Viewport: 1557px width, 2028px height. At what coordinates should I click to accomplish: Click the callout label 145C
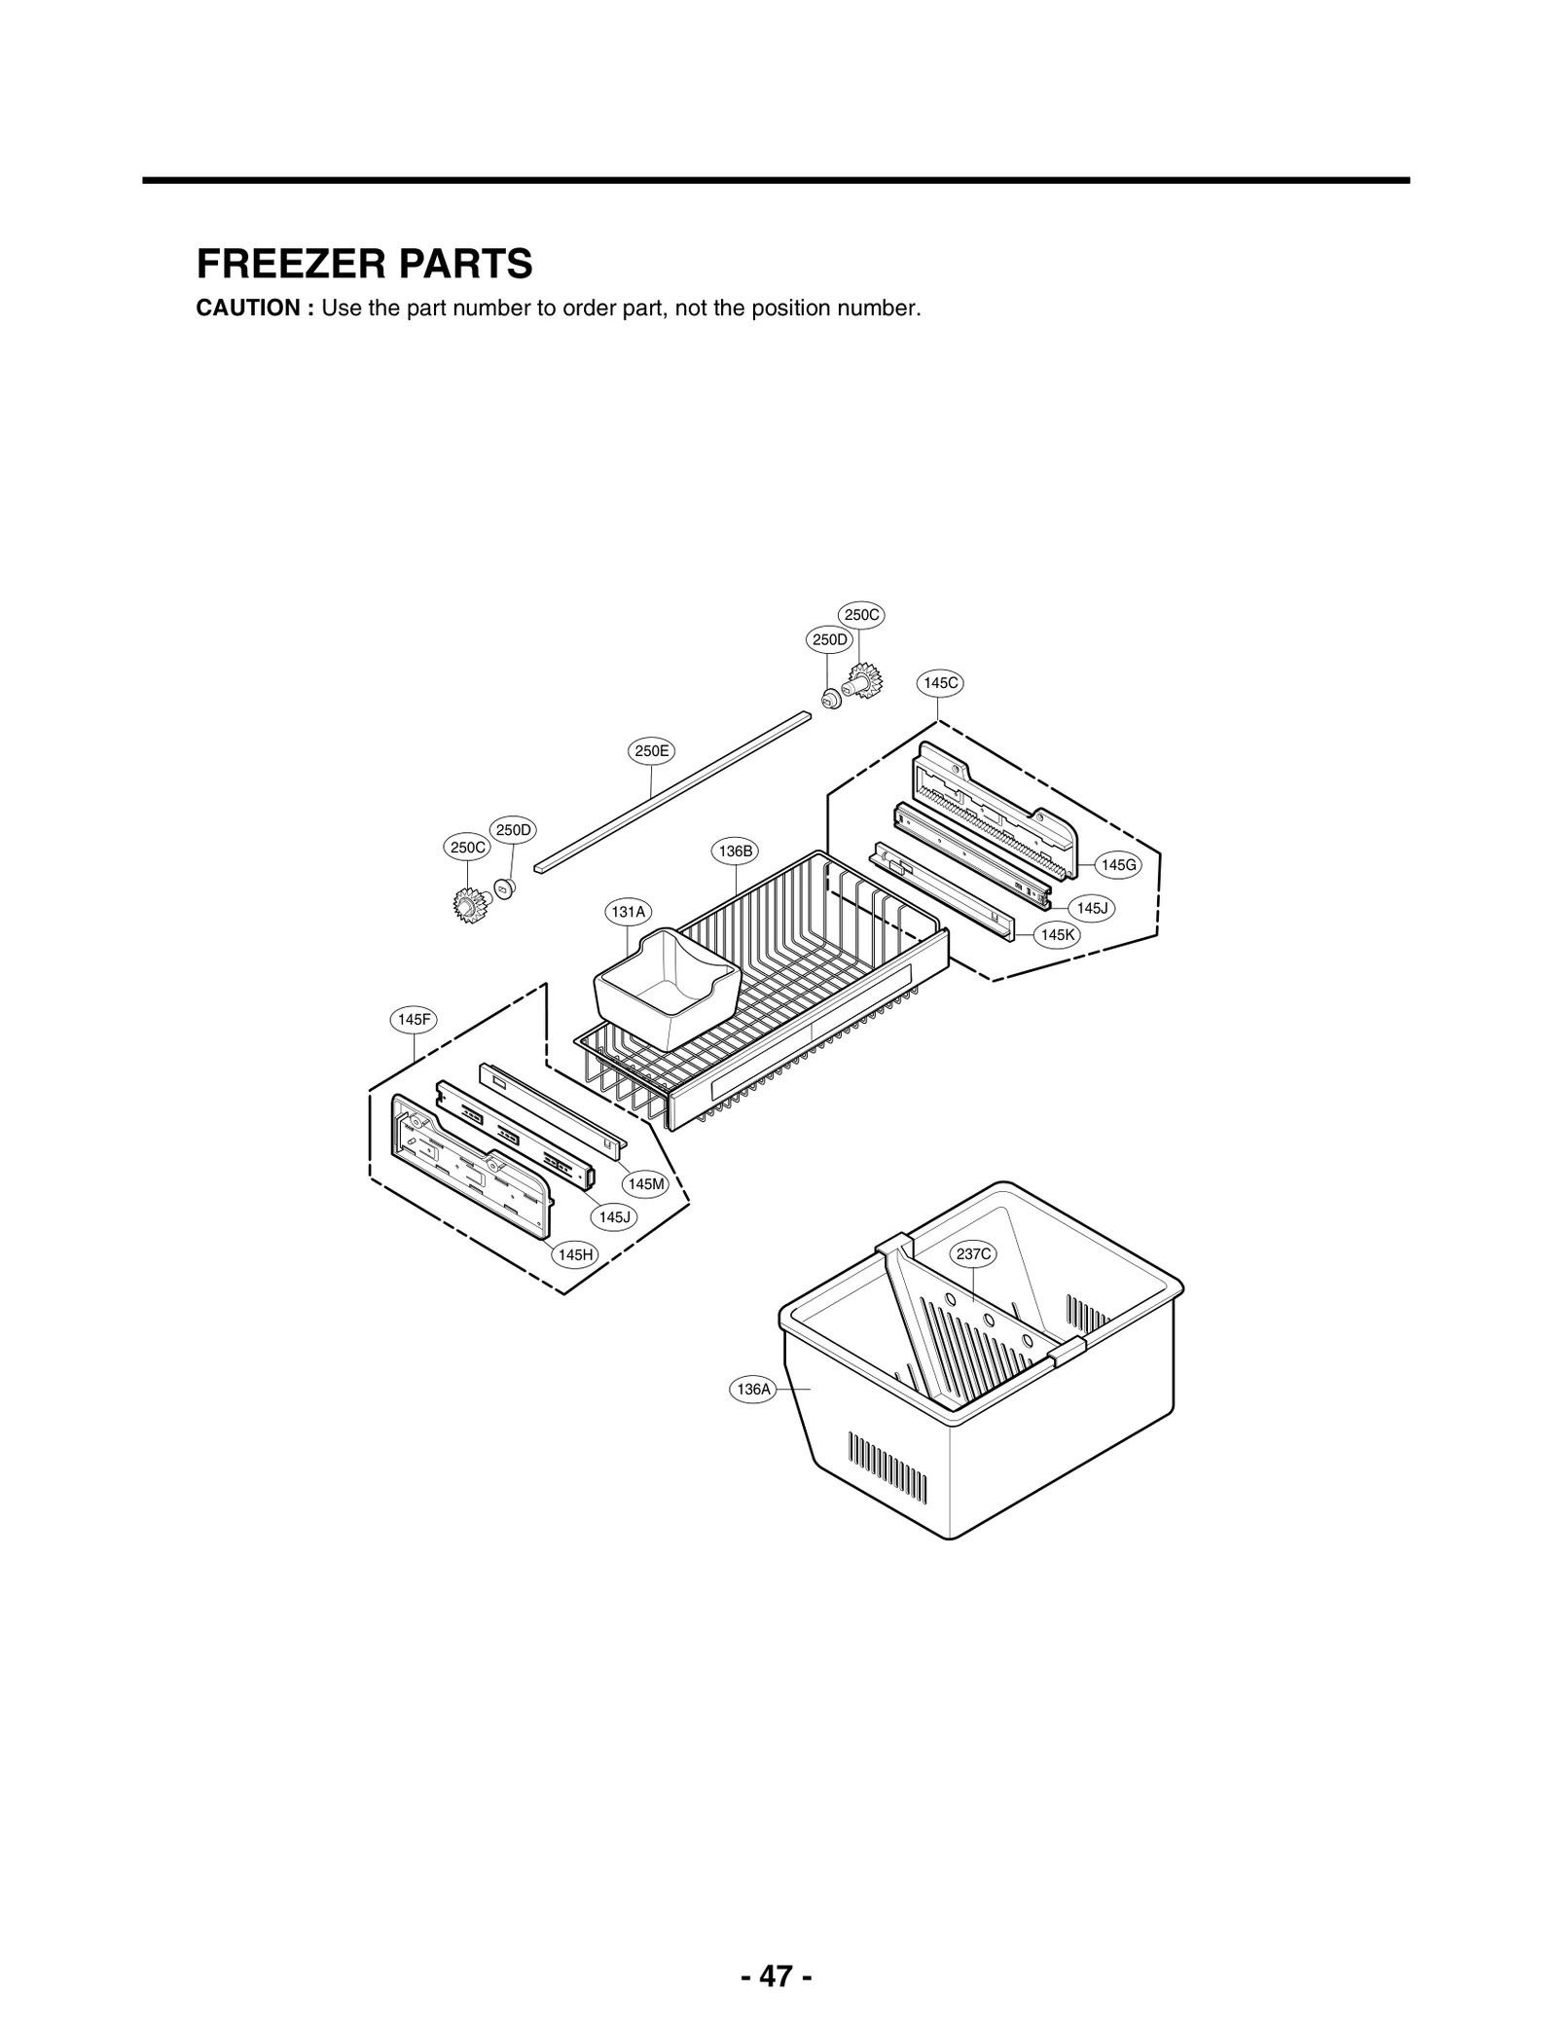(940, 683)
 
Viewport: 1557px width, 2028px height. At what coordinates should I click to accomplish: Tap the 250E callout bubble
(651, 751)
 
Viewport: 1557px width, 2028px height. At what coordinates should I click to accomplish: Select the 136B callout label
(736, 851)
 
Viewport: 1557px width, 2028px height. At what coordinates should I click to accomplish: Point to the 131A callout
(628, 912)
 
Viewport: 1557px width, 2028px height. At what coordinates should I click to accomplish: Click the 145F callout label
(414, 1020)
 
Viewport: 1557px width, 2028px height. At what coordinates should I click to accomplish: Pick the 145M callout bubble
(646, 1184)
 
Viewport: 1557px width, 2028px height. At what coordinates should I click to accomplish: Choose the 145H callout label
(575, 1254)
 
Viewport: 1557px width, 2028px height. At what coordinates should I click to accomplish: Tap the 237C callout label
(973, 1254)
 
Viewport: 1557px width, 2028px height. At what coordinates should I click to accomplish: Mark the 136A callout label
(753, 1390)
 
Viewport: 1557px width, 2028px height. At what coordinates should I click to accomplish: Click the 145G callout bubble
(1117, 865)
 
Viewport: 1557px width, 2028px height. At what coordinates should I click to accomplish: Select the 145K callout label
(1057, 934)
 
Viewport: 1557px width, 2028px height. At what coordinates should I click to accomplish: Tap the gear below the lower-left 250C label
(470, 906)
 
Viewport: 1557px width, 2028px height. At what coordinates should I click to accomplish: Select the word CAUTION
(254, 308)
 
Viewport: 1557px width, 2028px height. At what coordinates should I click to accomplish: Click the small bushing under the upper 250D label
(830, 698)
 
